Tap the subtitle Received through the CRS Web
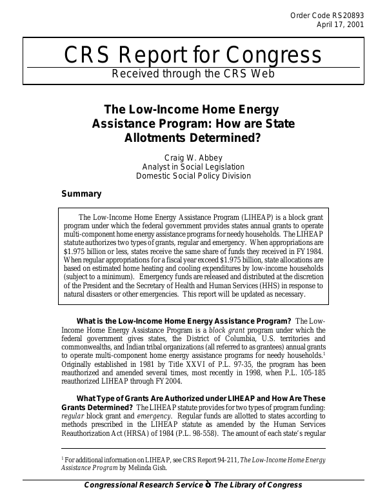pyautogui.click(x=193, y=73)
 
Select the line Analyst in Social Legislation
pyautogui.click(x=193, y=166)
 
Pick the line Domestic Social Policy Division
pyautogui.click(x=193, y=176)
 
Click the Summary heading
pyautogui.click(x=81, y=194)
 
